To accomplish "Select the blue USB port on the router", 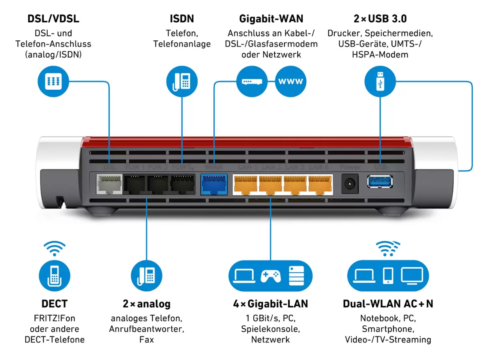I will pyautogui.click(x=380, y=181).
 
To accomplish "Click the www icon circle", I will pyautogui.click(x=291, y=81).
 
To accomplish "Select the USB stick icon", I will pyautogui.click(x=380, y=81).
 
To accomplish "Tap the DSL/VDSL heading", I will pyautogui.click(x=53, y=19).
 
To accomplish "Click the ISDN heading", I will pyautogui.click(x=182, y=19).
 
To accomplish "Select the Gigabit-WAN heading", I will pyautogui.click(x=271, y=19).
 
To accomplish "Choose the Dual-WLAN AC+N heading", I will pyautogui.click(x=388, y=304).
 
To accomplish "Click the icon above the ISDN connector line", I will pyautogui.click(x=182, y=81).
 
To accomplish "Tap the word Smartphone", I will pyautogui.click(x=388, y=329).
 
